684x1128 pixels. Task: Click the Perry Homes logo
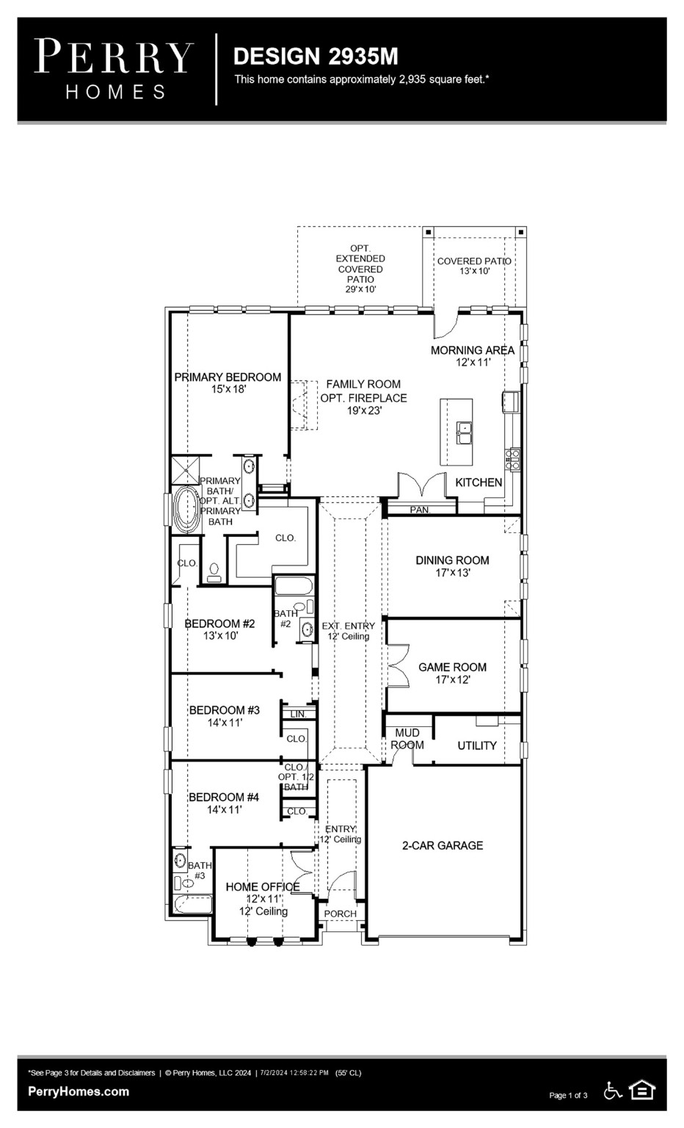click(x=114, y=69)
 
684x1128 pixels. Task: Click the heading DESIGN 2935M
click(x=316, y=57)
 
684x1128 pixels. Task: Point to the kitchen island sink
click(x=464, y=432)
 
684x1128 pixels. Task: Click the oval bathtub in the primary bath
click(x=186, y=508)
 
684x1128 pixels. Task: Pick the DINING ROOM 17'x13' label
click(x=452, y=565)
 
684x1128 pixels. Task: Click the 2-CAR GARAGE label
click(x=442, y=845)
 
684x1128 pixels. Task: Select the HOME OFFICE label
click(x=263, y=887)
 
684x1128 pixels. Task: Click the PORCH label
click(x=341, y=914)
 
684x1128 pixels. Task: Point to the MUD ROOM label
click(x=407, y=739)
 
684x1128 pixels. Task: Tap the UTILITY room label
click(x=477, y=745)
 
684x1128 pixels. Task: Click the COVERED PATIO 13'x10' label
click(x=474, y=266)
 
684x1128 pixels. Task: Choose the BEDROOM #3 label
click(x=225, y=710)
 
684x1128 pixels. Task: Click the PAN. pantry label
click(x=420, y=510)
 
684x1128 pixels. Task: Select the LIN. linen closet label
click(x=298, y=714)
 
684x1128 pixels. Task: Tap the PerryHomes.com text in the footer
click(x=79, y=1091)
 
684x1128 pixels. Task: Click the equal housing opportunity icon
click(x=642, y=1091)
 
